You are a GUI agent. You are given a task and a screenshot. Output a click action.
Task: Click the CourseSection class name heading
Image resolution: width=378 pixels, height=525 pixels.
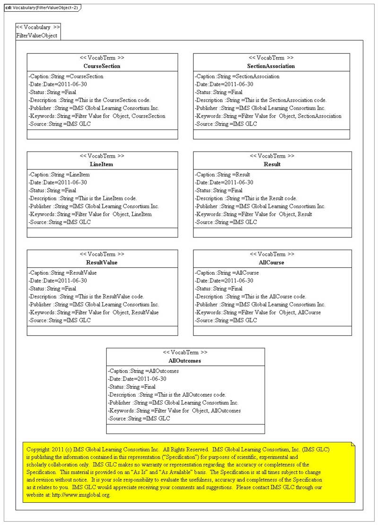(102, 66)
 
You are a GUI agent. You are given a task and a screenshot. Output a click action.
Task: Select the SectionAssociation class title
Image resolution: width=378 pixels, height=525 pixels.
(271, 66)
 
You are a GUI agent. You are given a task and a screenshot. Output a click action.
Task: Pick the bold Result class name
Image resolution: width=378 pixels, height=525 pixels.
(272, 164)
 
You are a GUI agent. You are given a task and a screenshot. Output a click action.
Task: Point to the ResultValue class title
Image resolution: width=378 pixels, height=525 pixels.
(102, 262)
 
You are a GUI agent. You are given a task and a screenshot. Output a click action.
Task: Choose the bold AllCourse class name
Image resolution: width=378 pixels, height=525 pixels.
(272, 262)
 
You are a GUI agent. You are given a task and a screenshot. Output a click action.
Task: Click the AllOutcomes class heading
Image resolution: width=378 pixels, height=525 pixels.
(185, 361)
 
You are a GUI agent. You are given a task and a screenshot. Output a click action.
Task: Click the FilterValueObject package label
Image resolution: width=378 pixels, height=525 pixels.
(37, 35)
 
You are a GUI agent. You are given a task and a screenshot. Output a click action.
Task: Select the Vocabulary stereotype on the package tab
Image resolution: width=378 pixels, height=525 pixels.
(38, 27)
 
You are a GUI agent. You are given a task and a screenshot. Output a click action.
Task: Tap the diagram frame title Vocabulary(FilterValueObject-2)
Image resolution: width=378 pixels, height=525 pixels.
(45, 8)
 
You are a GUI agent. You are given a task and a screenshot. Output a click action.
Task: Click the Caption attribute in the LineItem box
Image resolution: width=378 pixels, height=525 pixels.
(59, 175)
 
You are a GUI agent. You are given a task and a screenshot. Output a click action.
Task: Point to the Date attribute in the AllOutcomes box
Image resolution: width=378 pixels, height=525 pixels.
(137, 379)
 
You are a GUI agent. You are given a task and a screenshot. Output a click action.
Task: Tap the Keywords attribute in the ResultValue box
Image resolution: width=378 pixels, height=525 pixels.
(94, 313)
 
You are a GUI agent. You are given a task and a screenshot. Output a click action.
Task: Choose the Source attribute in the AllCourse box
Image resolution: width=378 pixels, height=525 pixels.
(226, 321)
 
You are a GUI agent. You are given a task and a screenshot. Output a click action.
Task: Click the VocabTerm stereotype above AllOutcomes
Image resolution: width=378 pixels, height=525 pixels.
(185, 353)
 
